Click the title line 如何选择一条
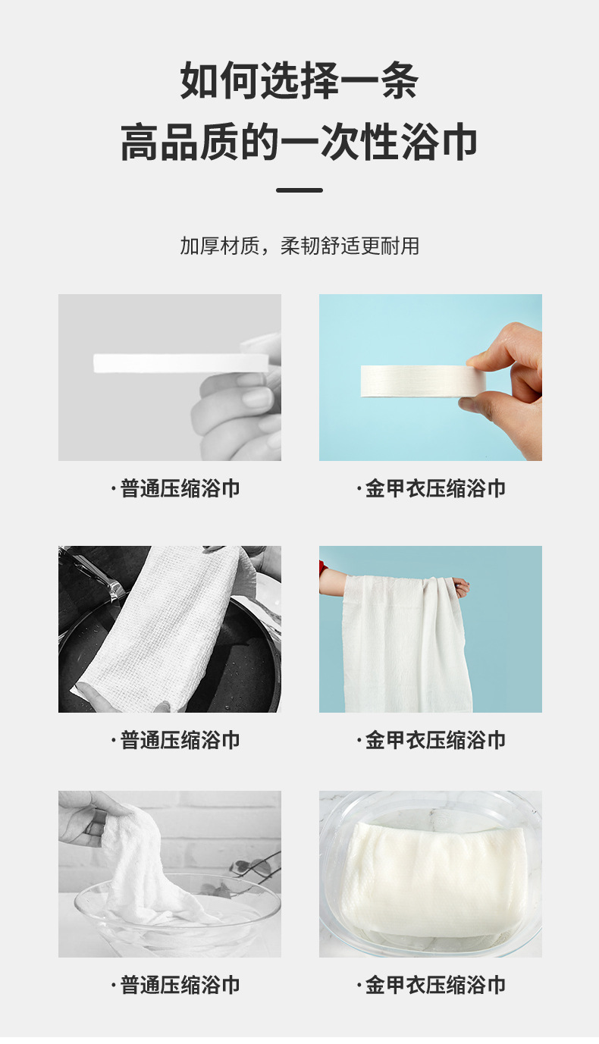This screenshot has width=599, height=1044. (x=299, y=82)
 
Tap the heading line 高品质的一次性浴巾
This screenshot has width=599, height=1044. (x=299, y=143)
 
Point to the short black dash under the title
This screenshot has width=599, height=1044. (x=299, y=190)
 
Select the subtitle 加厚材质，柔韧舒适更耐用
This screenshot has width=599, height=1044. (x=299, y=246)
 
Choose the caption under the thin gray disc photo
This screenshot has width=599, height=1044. (x=176, y=488)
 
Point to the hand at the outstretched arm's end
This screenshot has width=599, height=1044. (x=460, y=586)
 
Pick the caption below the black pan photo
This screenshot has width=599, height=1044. (x=176, y=739)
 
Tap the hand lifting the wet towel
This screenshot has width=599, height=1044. (x=87, y=815)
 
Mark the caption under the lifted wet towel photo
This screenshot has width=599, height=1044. (x=176, y=985)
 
